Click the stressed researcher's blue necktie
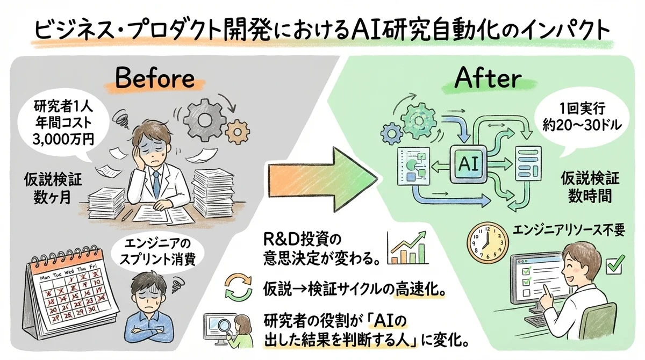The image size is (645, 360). coord(155,183)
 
